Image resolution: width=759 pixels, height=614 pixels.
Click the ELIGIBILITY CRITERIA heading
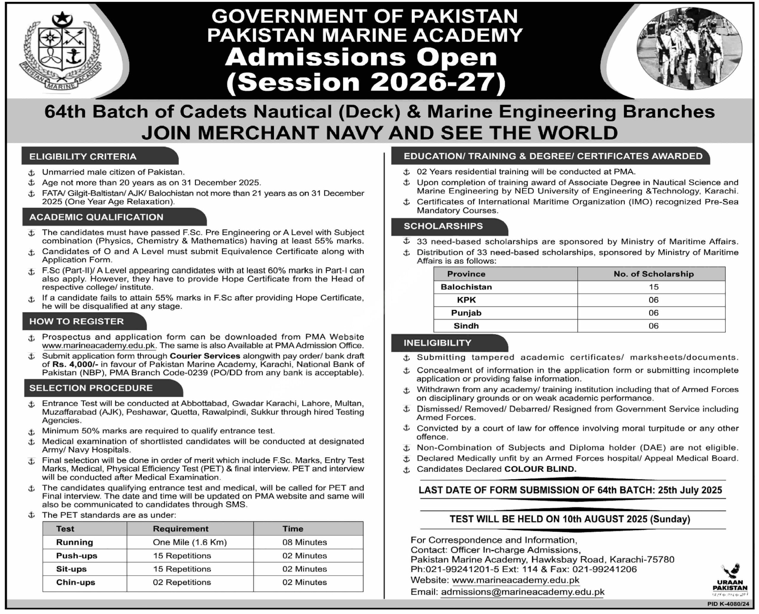click(83, 157)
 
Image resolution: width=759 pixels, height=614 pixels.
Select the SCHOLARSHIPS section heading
click(443, 226)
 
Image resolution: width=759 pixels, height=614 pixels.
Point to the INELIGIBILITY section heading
click(438, 343)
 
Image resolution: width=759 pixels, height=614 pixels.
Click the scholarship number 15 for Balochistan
click(653, 287)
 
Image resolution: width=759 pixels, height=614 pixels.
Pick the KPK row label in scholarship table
click(466, 300)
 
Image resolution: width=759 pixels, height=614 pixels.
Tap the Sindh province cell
click(466, 326)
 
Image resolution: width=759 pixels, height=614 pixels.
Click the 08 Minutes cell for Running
click(304, 542)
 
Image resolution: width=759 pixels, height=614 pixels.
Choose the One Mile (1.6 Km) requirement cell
click(190, 542)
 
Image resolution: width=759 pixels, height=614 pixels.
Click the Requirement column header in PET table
click(181, 529)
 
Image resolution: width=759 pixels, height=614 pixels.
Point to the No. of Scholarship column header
click(653, 274)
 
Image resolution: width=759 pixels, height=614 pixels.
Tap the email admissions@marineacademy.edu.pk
click(522, 592)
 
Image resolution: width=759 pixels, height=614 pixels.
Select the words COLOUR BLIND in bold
click(540, 469)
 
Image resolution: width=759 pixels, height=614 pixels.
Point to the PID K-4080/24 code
click(728, 604)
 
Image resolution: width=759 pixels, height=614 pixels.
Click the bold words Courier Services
click(205, 356)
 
